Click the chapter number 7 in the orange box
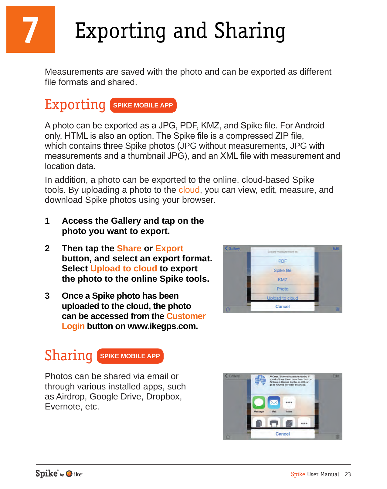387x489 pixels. pos(31,30)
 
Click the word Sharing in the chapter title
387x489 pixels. pos(250,31)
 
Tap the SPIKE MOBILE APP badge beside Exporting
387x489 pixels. pos(143,105)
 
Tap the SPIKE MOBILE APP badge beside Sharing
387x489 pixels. pos(130,356)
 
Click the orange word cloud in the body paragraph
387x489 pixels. pos(189,190)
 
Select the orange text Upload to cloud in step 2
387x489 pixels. pos(124,269)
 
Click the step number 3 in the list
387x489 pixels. pos(47,296)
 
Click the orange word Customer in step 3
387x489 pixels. pos(186,316)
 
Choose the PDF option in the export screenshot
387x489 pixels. pos(282,261)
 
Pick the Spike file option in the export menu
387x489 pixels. pos(282,270)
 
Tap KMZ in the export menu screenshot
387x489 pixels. pos(282,280)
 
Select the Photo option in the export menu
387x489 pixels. pos(282,289)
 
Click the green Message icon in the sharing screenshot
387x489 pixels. pos(259,402)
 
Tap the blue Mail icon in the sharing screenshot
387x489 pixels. pos(274,402)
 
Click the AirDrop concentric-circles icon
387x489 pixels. pos(260,380)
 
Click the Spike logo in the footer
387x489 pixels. pos(47,474)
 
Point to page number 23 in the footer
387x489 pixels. pos(348,474)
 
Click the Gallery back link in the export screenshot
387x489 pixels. pos(233,249)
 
